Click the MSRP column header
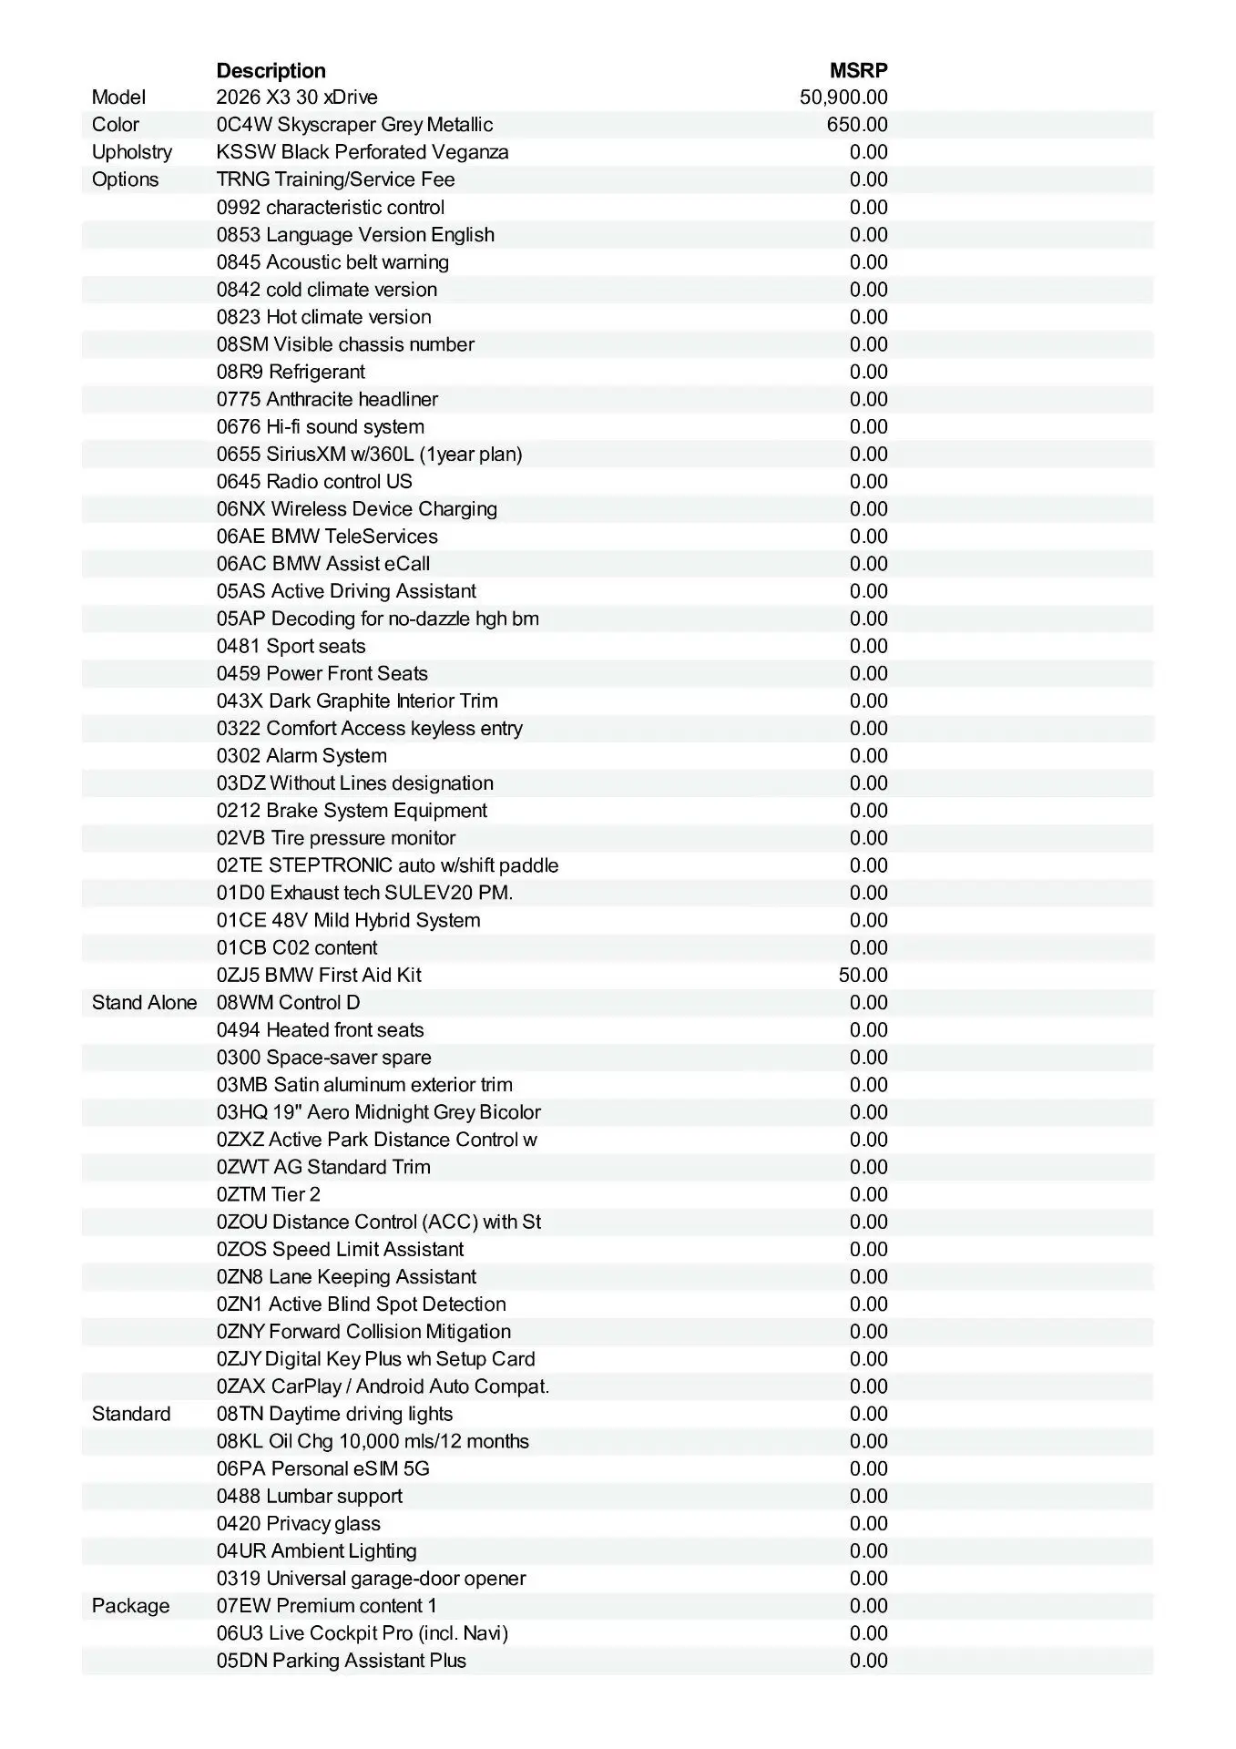(858, 70)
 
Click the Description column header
(271, 70)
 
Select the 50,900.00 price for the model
(843, 97)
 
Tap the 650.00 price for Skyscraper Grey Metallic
(857, 125)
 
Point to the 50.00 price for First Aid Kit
(863, 975)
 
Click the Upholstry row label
(131, 152)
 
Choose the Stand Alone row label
(144, 1003)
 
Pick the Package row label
(130, 1606)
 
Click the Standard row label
(131, 1414)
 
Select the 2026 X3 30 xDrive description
(297, 97)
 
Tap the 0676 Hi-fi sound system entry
(321, 426)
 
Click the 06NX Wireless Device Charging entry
(357, 508)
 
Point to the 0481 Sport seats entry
(291, 646)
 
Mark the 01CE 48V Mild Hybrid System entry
(348, 920)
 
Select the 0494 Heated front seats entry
(320, 1030)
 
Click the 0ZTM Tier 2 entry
(268, 1194)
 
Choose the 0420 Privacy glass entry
(298, 1524)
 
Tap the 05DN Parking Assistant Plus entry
(341, 1661)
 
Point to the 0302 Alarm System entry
(301, 756)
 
